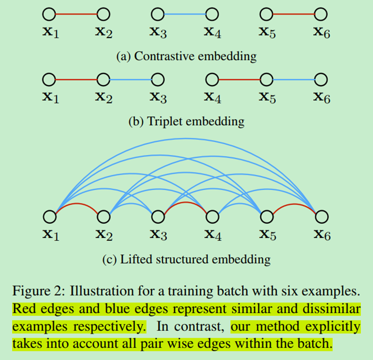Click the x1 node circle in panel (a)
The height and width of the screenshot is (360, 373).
(49, 13)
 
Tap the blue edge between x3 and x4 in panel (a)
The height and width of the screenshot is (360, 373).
(185, 13)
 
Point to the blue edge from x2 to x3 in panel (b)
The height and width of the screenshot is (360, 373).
(131, 80)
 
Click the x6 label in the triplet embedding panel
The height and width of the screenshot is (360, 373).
(322, 97)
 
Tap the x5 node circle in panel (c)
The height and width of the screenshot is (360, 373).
(267, 216)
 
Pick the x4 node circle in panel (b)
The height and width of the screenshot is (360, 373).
(212, 80)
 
